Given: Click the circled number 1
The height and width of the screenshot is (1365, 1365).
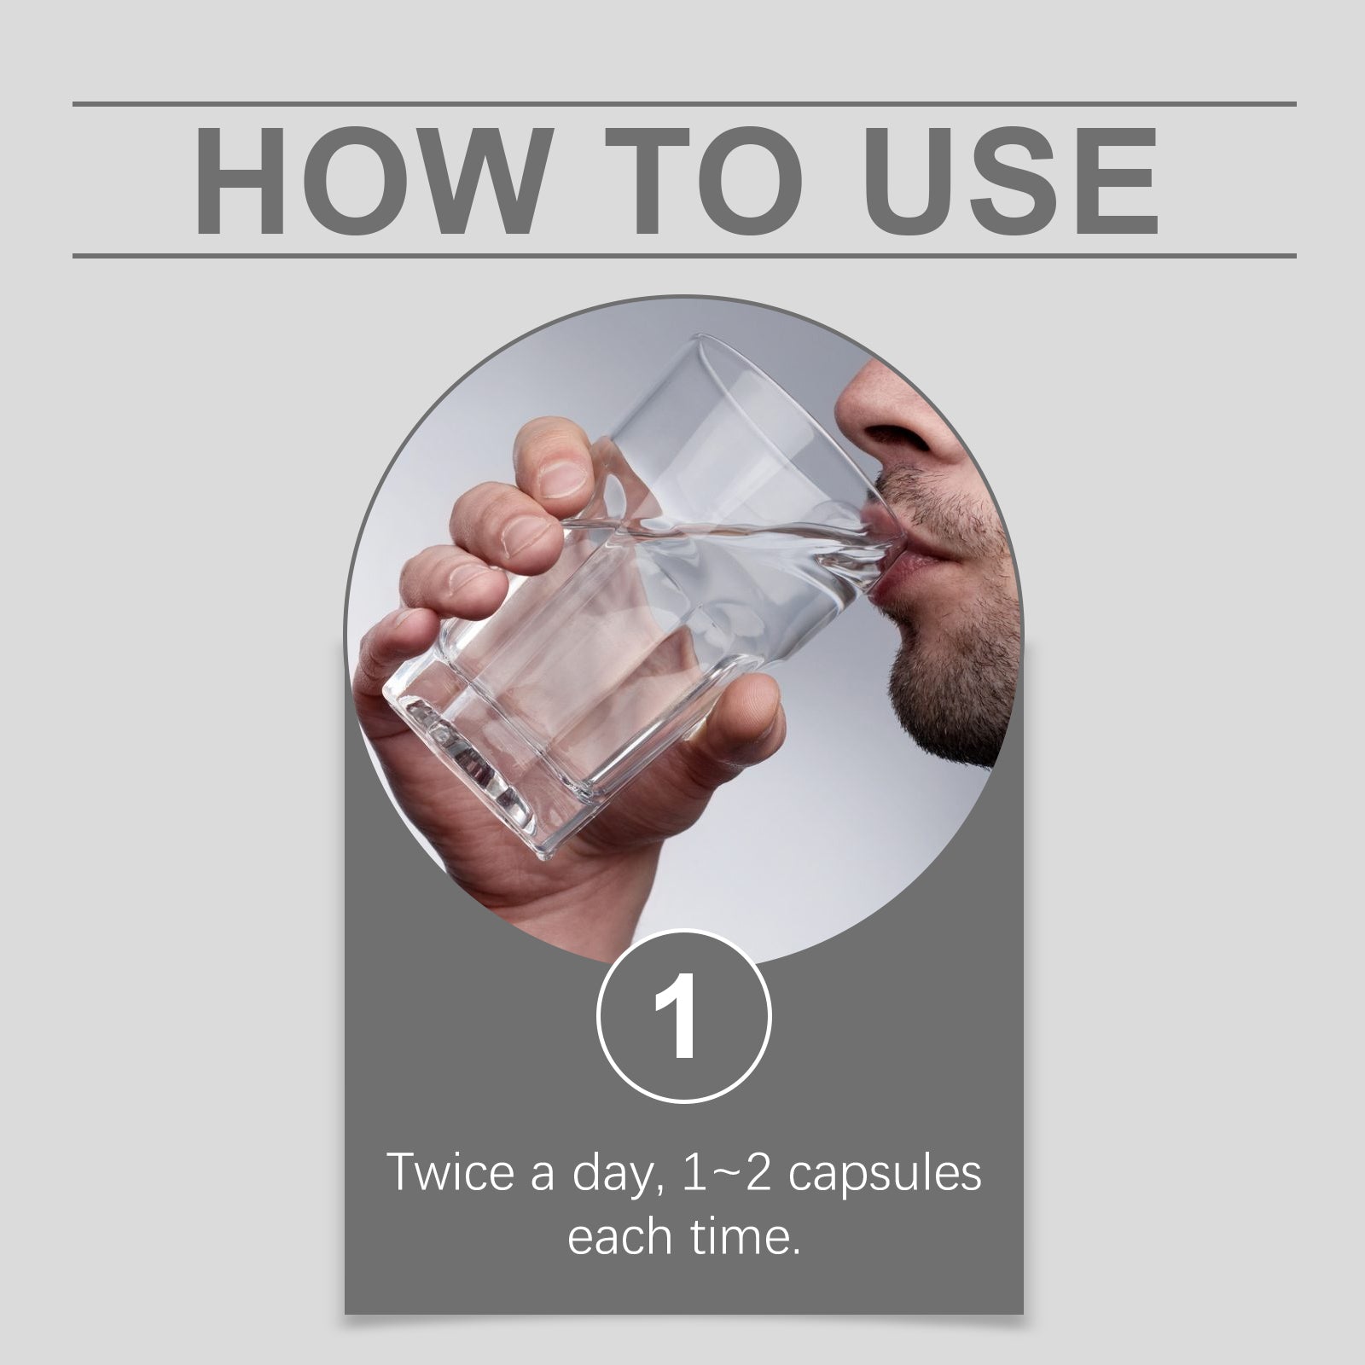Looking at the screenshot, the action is (683, 1016).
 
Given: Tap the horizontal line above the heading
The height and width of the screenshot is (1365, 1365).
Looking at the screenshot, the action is (684, 104).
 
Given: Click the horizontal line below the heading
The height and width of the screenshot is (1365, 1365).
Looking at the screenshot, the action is (684, 255).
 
